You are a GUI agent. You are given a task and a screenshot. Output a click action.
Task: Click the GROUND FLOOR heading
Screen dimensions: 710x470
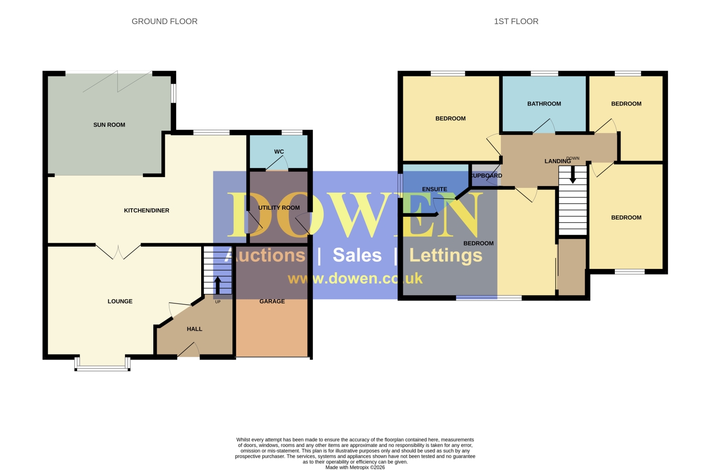coord(165,21)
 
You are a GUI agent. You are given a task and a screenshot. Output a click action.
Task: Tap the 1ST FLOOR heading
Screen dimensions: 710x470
coord(516,21)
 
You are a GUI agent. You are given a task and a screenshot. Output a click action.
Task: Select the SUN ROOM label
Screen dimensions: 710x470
coord(109,125)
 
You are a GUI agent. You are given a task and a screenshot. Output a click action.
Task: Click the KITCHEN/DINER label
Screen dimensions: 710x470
coord(146,211)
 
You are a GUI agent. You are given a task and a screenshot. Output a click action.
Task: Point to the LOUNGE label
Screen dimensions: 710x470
coord(120,302)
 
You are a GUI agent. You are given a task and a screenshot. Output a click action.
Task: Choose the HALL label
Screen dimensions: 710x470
coord(194,329)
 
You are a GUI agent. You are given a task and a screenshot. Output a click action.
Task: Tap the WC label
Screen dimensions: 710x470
coord(279,152)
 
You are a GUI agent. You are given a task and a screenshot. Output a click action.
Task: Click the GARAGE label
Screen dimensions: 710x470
coord(272,302)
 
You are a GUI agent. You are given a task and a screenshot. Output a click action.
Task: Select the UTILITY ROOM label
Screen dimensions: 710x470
coord(279,208)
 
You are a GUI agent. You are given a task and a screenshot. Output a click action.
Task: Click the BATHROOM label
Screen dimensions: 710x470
coord(544,104)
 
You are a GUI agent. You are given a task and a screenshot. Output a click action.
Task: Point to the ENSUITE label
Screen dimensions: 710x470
coord(435,189)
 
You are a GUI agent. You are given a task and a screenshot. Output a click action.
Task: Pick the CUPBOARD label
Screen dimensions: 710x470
coord(487,176)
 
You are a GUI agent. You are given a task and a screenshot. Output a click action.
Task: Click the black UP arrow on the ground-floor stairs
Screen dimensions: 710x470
coord(218,285)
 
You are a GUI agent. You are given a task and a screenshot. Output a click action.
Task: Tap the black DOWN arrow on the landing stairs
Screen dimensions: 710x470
coord(572,175)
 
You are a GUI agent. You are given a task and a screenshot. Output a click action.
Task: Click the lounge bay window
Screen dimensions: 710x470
coord(102,364)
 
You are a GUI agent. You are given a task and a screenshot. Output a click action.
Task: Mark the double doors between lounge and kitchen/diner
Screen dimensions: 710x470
coord(118,252)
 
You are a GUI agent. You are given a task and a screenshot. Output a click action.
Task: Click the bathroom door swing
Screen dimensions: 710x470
coord(544,126)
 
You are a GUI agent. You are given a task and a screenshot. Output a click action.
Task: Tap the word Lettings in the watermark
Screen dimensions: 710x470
coord(446,256)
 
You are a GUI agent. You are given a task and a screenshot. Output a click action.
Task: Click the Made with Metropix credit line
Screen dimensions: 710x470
coord(355,467)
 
